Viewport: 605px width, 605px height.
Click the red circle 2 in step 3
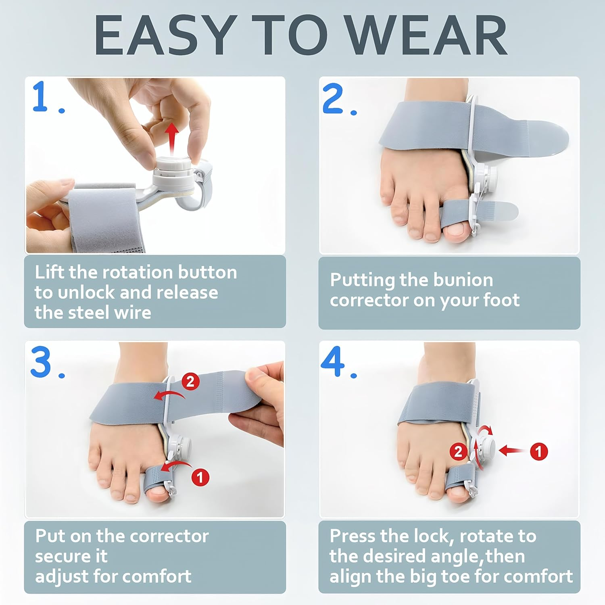coord(190,381)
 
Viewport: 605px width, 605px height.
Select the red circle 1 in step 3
coord(200,477)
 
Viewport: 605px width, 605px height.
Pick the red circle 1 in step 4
coord(539,451)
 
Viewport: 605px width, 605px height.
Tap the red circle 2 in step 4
coord(459,451)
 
